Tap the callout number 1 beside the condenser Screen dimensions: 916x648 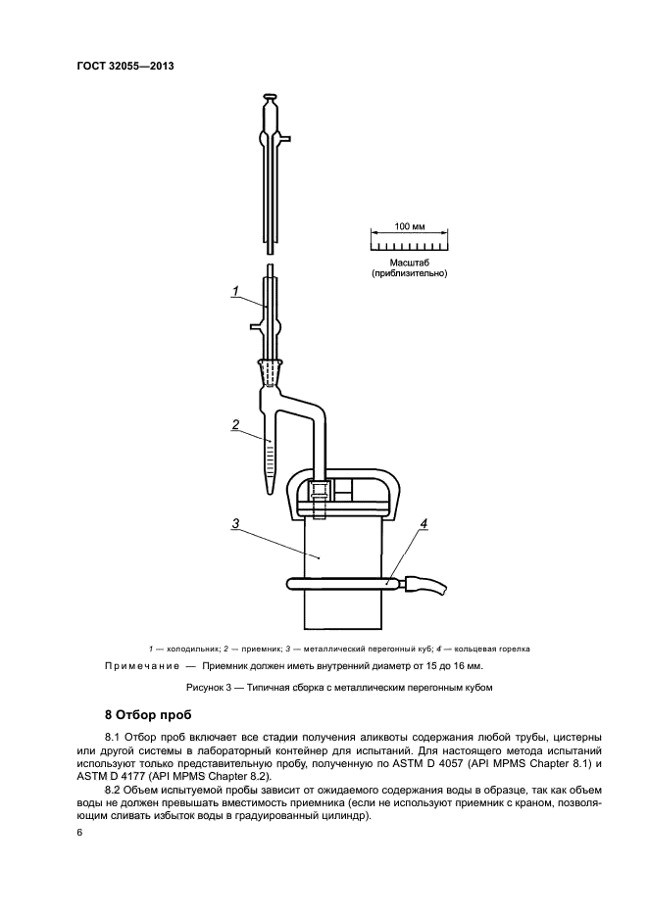[236, 289]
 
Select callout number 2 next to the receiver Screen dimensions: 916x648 [236, 424]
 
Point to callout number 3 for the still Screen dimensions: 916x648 [236, 524]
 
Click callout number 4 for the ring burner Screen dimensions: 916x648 [424, 524]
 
